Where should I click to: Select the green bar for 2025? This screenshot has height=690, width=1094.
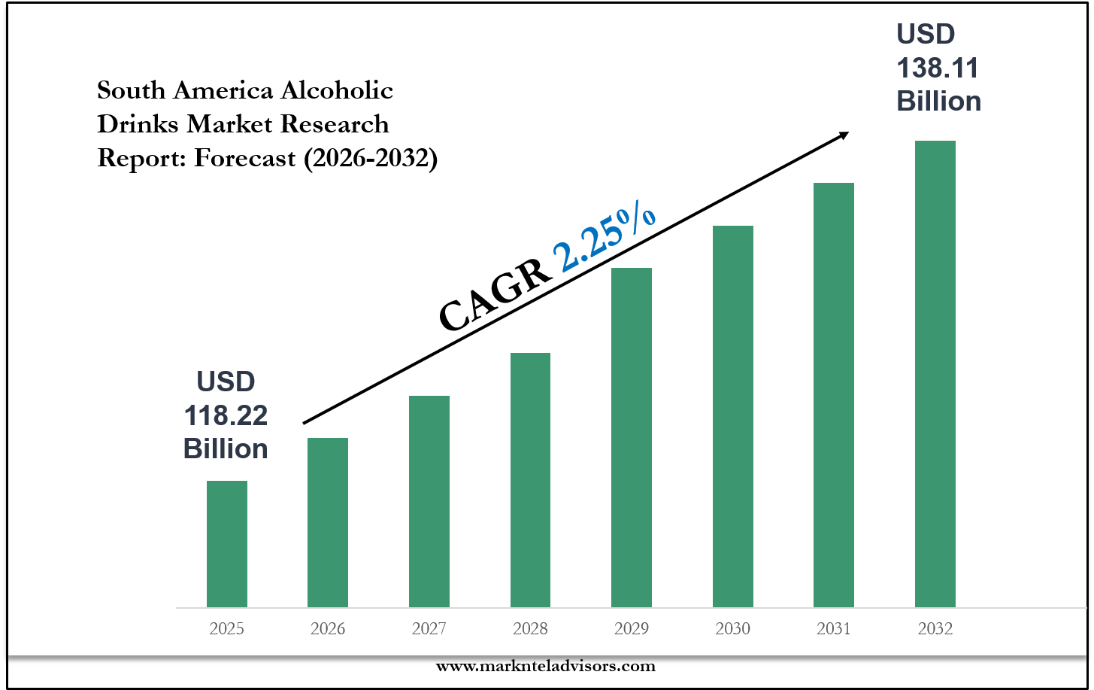coord(226,543)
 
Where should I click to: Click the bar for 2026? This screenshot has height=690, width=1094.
coord(328,522)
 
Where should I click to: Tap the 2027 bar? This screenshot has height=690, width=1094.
coord(429,501)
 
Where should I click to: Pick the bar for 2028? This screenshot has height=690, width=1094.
coord(530,479)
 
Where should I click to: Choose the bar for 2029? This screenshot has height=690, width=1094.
coord(632,437)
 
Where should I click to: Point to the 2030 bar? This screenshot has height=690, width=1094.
coord(733,416)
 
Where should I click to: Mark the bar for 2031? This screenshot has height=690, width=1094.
coord(834,395)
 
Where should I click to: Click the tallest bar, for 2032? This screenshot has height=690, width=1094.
coord(935,374)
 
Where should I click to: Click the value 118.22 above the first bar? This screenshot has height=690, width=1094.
coord(226,415)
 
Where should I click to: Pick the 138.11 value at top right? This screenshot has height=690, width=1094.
coord(937,68)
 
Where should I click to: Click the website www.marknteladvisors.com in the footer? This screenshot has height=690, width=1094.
coord(545,666)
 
